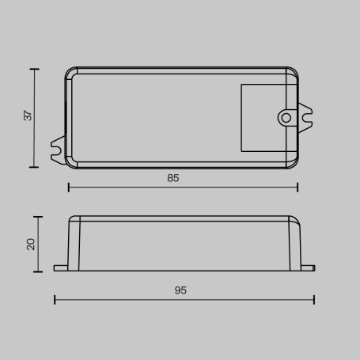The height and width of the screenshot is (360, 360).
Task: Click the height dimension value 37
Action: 28,116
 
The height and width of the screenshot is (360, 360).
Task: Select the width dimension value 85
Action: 173,179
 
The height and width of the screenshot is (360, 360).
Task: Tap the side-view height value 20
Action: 31,244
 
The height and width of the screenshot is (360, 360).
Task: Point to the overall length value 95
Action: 180,290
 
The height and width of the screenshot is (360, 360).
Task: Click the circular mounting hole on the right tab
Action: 286,118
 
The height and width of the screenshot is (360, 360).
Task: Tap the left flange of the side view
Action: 61,268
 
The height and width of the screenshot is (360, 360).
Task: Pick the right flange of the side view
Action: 309,268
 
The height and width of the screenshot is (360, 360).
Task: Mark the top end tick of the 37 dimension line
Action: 35,70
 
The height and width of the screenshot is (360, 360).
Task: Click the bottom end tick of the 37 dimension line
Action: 35,167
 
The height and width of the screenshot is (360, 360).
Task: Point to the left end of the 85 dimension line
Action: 69,188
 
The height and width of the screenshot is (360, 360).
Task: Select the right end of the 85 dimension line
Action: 297,188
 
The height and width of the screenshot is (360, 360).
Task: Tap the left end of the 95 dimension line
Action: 55,299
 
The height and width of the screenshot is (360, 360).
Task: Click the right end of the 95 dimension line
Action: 314,299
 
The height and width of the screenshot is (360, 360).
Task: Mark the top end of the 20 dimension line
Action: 38,216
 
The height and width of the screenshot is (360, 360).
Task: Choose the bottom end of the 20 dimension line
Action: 38,271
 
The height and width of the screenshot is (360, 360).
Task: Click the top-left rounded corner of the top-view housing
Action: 70,73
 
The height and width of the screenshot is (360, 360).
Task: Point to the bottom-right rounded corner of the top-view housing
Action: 294,164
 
